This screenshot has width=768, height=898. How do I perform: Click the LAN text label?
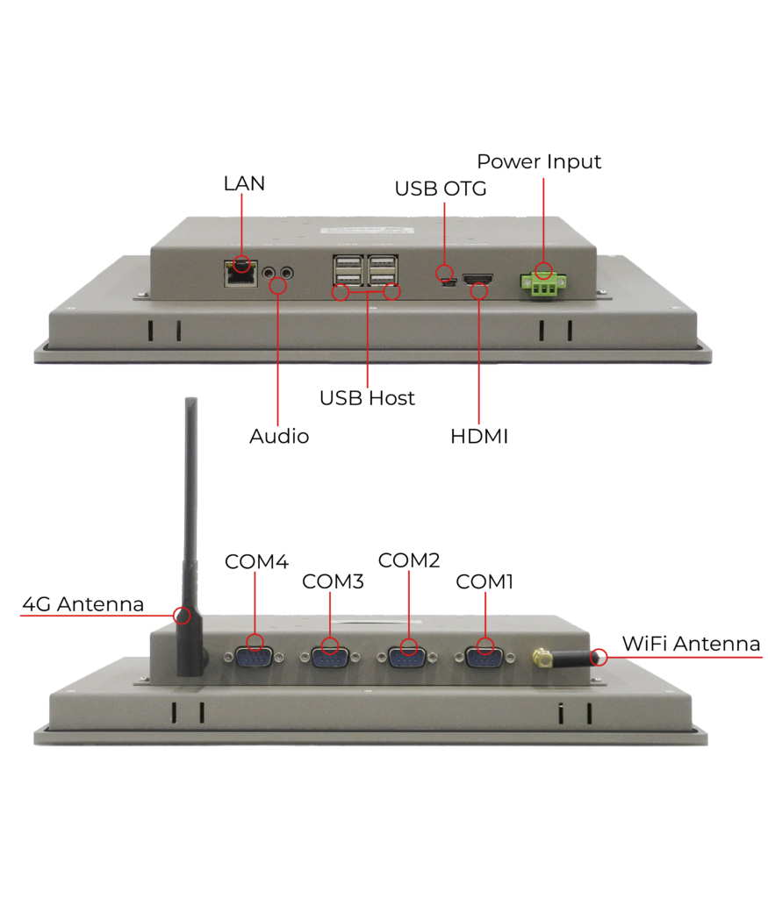pos(244,183)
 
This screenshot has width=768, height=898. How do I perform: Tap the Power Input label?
pos(539,161)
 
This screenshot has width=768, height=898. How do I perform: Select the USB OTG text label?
pos(440,189)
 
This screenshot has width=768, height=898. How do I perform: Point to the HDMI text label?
pos(479,437)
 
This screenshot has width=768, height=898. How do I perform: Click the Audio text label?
pos(279,437)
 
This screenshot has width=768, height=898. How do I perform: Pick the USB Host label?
pos(367,398)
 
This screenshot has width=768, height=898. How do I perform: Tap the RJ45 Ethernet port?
pos(240,274)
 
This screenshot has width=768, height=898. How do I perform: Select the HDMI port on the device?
pos(477,280)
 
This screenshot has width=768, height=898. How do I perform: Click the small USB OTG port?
pos(449,282)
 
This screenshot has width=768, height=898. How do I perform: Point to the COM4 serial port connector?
pos(254,658)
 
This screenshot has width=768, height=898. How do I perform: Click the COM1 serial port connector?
pos(484,658)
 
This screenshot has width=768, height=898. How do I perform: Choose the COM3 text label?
pos(333,581)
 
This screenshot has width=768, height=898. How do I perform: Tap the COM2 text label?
pos(409,560)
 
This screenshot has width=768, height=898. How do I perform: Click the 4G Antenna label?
pos(83,604)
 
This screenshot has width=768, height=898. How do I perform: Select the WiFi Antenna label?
pos(692,644)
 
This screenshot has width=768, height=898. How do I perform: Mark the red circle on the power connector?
pos(543,270)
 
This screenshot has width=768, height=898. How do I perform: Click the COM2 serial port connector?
pos(407,658)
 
